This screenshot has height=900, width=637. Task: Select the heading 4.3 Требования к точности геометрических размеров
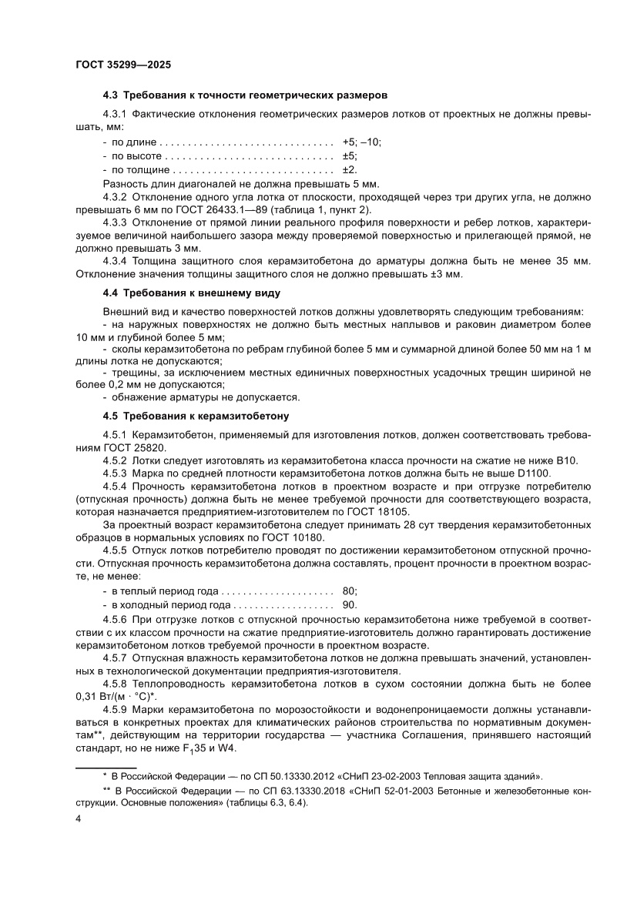(244, 95)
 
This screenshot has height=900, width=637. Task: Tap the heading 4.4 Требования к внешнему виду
(192, 293)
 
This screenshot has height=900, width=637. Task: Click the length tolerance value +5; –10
(361, 142)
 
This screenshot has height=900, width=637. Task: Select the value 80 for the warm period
(349, 591)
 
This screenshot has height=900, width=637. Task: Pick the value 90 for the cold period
(349, 604)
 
